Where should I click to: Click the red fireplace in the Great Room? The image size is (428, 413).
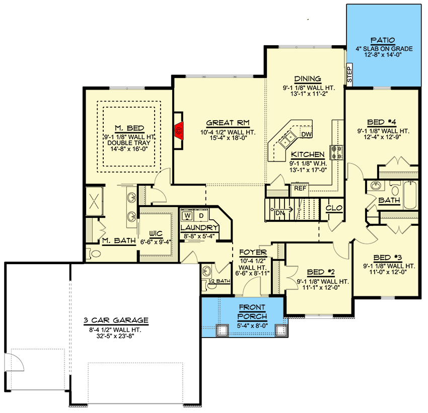[179, 131]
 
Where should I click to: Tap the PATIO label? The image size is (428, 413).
[383, 40]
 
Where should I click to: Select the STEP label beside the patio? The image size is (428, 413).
[349, 74]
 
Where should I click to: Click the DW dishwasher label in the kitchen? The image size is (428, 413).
[306, 134]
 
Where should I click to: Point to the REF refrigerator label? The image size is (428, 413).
[300, 188]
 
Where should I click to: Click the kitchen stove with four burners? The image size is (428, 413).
[336, 152]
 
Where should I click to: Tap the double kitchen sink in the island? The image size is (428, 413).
[288, 138]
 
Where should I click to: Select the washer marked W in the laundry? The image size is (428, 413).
[187, 216]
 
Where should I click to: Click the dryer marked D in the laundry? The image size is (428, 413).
[201, 216]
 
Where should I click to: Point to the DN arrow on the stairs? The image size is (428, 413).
[281, 210]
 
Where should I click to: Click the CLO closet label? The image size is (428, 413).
[334, 208]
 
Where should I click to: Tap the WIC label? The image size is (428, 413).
[156, 233]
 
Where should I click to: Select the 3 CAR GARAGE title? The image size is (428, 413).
[116, 320]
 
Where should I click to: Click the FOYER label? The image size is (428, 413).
[253, 253]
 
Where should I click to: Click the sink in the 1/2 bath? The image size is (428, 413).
[206, 271]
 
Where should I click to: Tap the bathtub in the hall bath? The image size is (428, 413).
[410, 195]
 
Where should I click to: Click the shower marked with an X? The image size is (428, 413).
[95, 201]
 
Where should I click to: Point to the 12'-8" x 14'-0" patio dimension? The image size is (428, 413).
[383, 55]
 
